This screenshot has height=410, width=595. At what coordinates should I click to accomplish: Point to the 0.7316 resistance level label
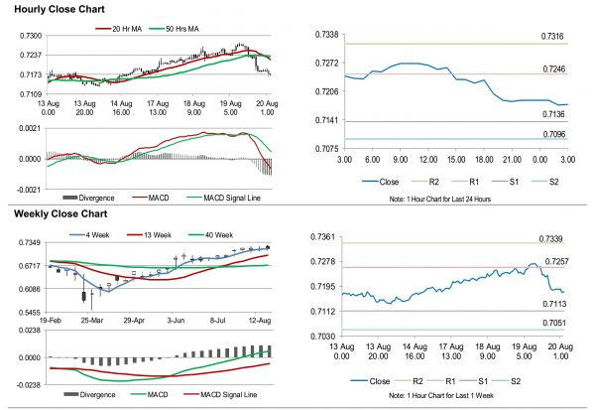tap(554, 37)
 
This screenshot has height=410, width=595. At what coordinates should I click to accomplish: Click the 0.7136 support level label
tap(554, 115)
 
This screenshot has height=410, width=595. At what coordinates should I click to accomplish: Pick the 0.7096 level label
tap(554, 132)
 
